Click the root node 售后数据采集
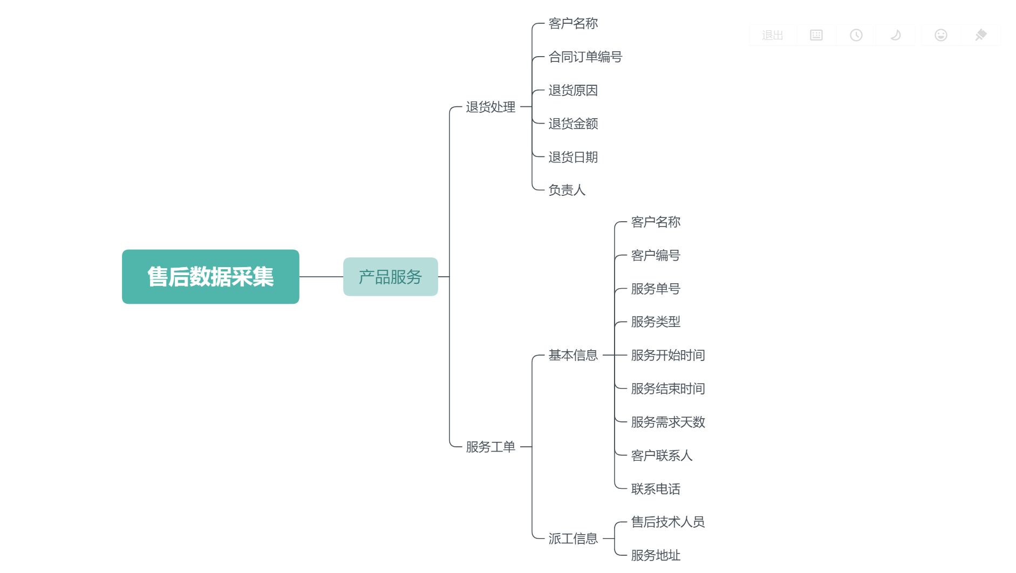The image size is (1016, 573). [x=210, y=277]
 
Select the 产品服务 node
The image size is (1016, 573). [x=390, y=277]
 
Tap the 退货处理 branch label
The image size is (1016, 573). [x=490, y=107]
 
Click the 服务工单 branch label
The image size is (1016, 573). [x=490, y=447]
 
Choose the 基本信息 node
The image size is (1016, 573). [x=573, y=355]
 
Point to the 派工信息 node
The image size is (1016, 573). [x=573, y=538]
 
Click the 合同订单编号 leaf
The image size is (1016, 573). [x=585, y=57]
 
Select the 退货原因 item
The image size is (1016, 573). [x=573, y=91]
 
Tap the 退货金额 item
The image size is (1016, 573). [x=573, y=124]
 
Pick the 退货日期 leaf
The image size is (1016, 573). [x=573, y=157]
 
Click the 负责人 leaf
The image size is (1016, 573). [x=567, y=190]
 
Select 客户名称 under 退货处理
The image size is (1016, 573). [x=573, y=24]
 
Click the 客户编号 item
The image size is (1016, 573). [x=656, y=255]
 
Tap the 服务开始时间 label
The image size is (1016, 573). [x=668, y=355]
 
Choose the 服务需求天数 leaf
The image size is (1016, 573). [x=668, y=422]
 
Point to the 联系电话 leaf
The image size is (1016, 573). [x=656, y=489]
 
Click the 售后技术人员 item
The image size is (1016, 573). [x=668, y=522]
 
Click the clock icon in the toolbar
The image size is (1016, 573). [x=856, y=35]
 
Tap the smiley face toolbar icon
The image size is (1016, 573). [x=940, y=35]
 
